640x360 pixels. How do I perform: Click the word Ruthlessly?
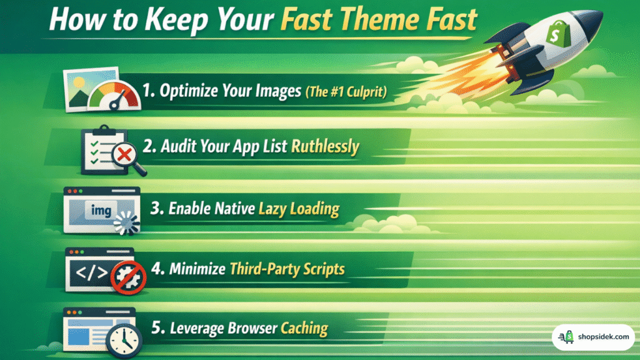(x=324, y=147)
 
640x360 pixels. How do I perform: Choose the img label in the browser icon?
(x=100, y=211)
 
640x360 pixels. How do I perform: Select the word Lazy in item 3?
(x=273, y=209)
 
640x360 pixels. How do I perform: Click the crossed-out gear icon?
(x=127, y=277)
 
